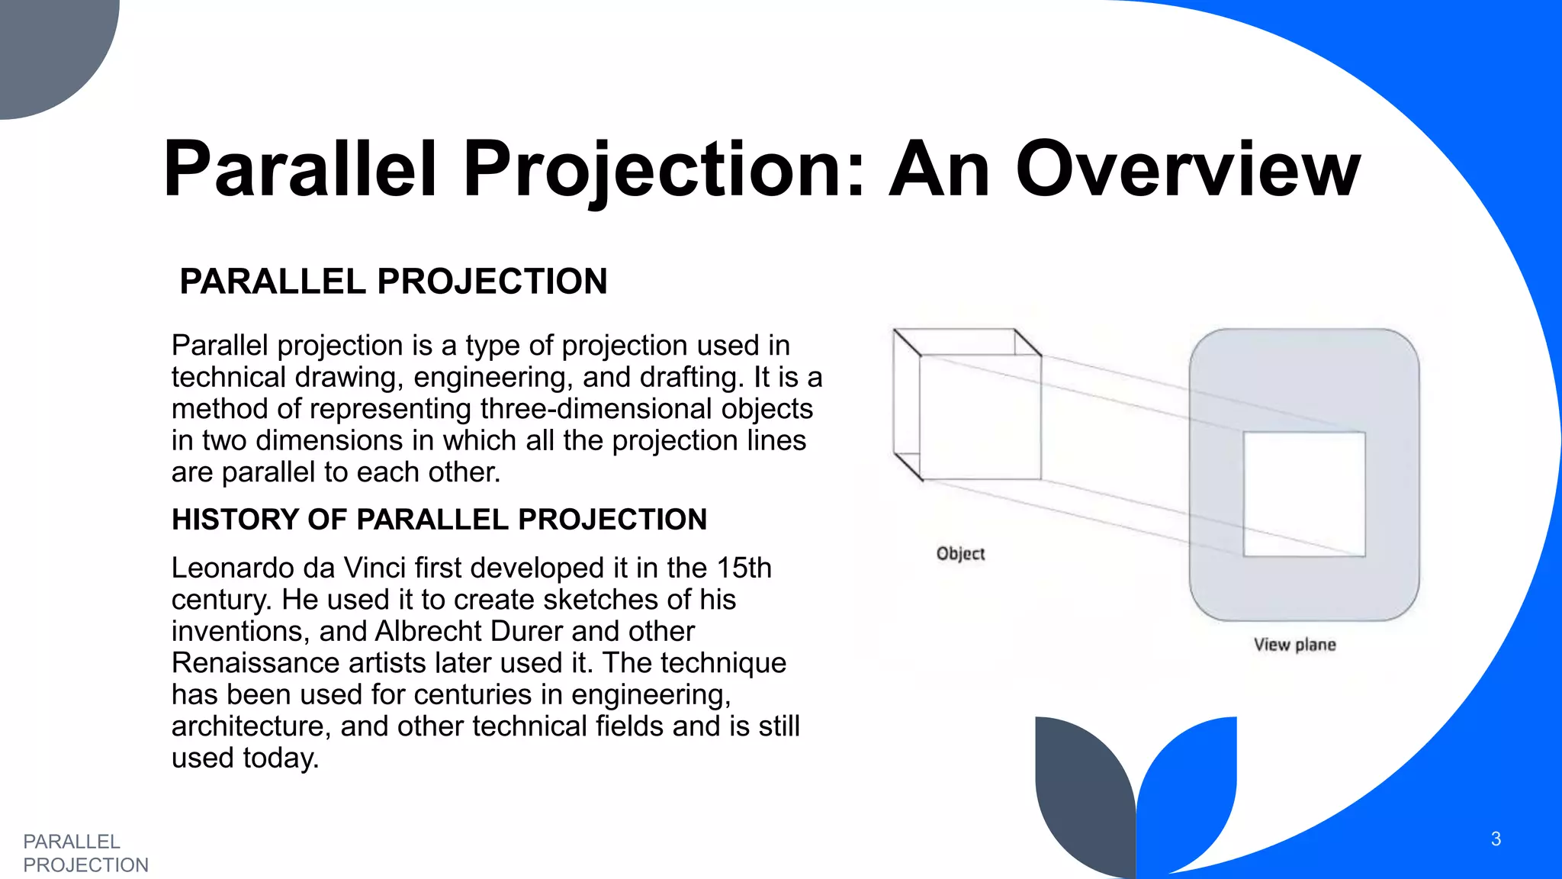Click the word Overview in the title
(1188, 169)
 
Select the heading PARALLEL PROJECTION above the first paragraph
(393, 282)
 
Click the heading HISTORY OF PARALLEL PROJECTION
(439, 520)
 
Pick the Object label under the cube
(960, 554)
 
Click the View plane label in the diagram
(1294, 645)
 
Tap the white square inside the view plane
(1304, 494)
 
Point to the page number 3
(1496, 839)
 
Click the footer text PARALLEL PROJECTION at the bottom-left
(85, 853)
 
